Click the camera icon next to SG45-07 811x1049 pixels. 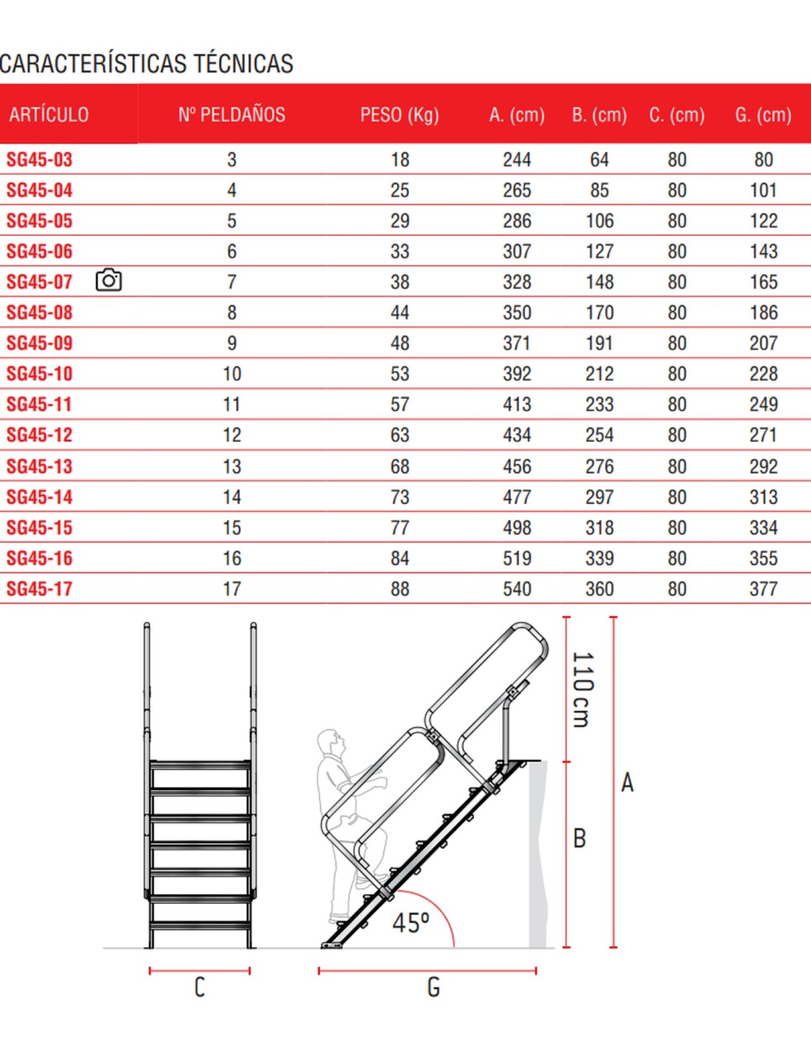(108, 280)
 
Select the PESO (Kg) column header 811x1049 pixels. (400, 115)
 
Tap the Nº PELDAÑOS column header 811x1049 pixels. (232, 115)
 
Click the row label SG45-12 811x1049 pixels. (40, 435)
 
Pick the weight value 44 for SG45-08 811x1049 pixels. (400, 313)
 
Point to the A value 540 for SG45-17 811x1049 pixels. (517, 589)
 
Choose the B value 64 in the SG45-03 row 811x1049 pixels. (599, 160)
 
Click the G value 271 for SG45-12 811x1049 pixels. (763, 435)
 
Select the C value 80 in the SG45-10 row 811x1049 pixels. (677, 374)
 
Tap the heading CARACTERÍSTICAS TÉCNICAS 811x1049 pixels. (147, 64)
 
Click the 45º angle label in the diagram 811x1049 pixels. (411, 923)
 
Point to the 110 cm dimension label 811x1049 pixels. (582, 689)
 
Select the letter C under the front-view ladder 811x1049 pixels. (199, 988)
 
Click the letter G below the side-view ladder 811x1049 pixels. (434, 988)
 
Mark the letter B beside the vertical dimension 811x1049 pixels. (579, 838)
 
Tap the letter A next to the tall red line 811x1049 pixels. (627, 783)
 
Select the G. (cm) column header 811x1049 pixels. (763, 115)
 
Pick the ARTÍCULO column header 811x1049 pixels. (49, 115)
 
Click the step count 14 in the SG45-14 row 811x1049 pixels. (232, 497)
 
